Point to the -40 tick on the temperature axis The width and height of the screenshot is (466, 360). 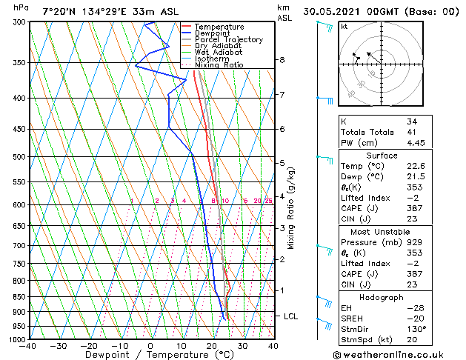[x=29, y=345]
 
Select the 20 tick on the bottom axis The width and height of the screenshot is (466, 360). [x=212, y=345]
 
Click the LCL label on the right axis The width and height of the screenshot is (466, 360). [x=291, y=316]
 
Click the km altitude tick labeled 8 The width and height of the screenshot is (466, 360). [x=282, y=60]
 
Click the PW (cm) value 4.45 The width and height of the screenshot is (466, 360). [x=416, y=144]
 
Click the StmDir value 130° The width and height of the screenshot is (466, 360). [x=416, y=330]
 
